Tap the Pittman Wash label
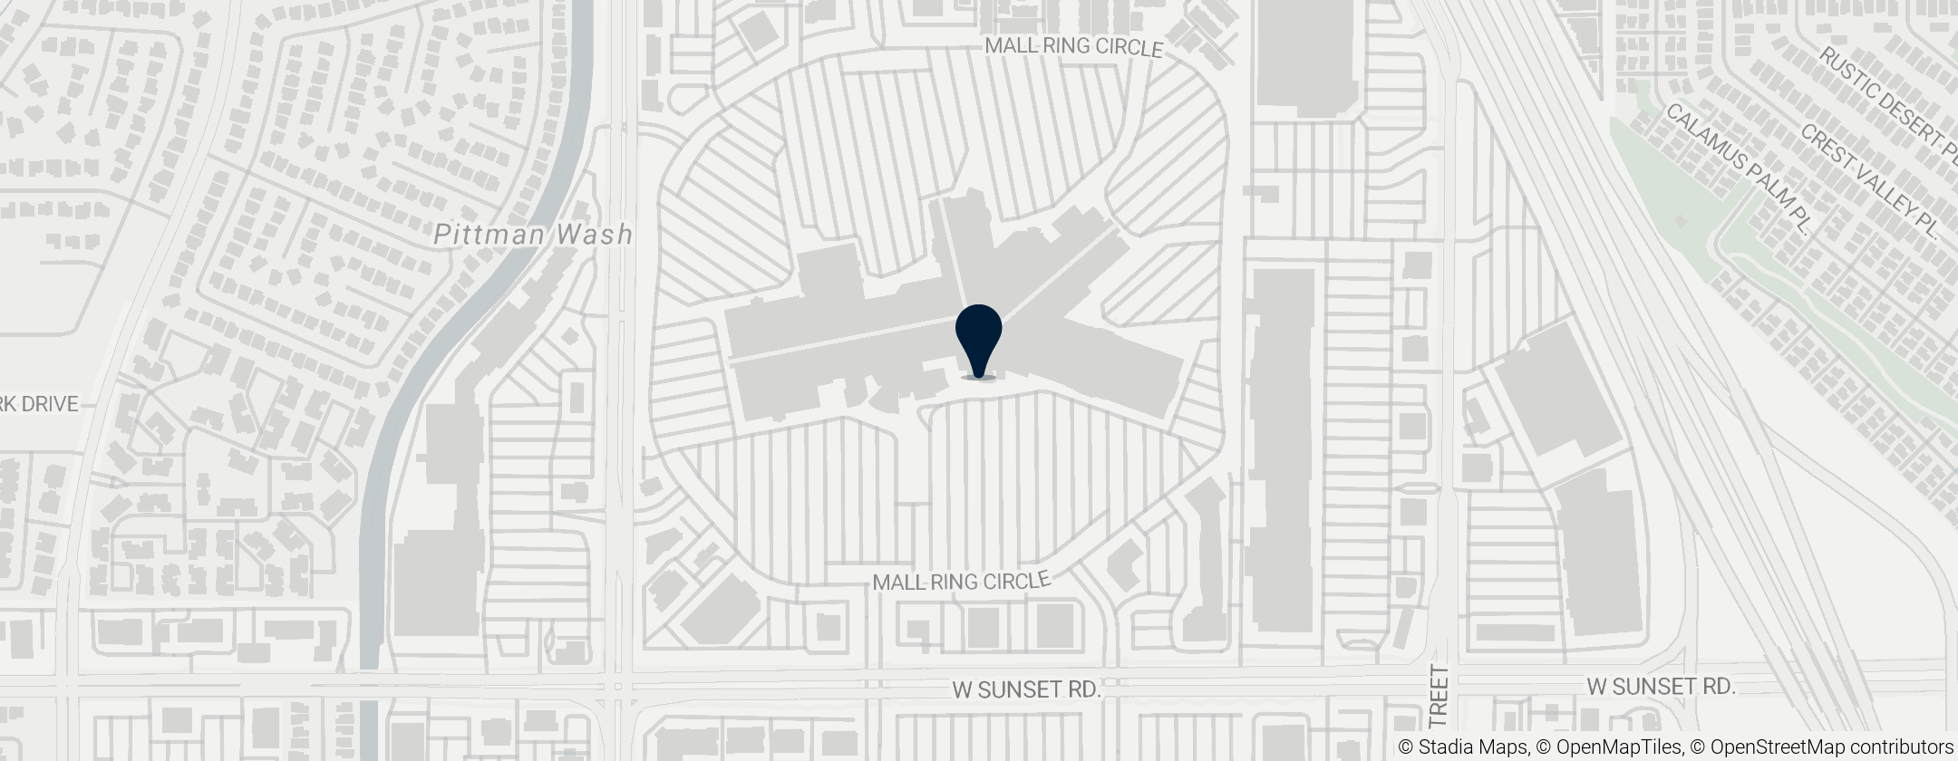(533, 235)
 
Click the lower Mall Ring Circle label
(961, 582)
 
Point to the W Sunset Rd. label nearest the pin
(1026, 690)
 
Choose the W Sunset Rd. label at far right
(1661, 686)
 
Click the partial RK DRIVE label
(40, 404)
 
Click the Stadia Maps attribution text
(1462, 747)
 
